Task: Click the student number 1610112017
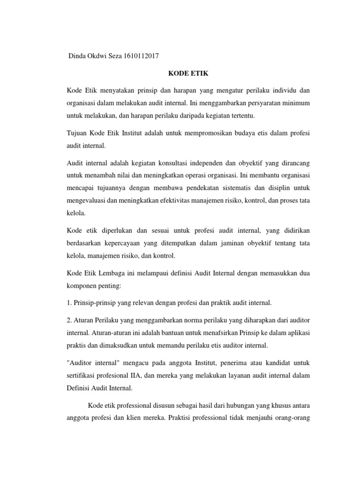point(142,56)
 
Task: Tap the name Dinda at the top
point(78,56)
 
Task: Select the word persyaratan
point(250,102)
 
